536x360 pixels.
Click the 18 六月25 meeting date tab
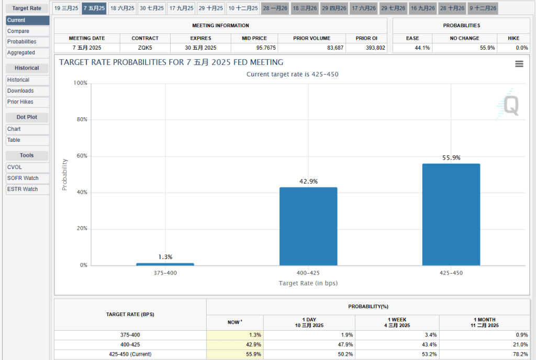(122, 8)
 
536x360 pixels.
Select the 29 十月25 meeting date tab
(210, 8)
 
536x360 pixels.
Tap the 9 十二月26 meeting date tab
(483, 8)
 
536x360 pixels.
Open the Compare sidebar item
(28, 31)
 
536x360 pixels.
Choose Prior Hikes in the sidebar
(28, 102)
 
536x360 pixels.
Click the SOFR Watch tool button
(28, 178)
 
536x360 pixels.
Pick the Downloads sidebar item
(28, 91)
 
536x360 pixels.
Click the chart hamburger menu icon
(519, 64)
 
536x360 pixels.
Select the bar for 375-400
(165, 264)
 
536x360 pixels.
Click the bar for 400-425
(308, 227)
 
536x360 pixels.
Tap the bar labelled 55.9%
(451, 215)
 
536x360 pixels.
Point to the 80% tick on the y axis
(80, 120)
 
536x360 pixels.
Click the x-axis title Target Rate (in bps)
(308, 283)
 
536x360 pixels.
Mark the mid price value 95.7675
(254, 48)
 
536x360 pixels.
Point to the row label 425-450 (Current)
(130, 354)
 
